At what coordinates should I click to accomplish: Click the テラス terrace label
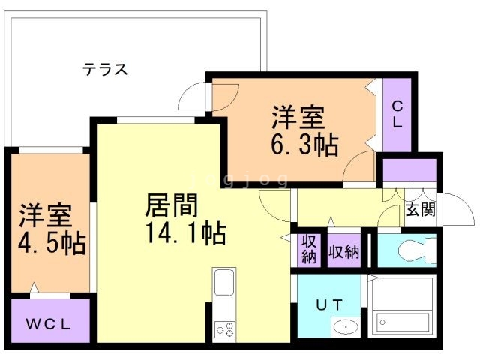[x=105, y=70]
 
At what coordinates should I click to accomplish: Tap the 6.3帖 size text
[x=304, y=143]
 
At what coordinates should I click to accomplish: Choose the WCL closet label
[x=50, y=324]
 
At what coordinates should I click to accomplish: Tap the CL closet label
[x=397, y=115]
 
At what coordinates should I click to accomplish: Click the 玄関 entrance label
[x=421, y=210]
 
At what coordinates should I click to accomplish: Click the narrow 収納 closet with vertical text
[x=308, y=250]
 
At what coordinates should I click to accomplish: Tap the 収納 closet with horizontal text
[x=343, y=250]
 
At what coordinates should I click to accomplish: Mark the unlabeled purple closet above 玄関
[x=409, y=172]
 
